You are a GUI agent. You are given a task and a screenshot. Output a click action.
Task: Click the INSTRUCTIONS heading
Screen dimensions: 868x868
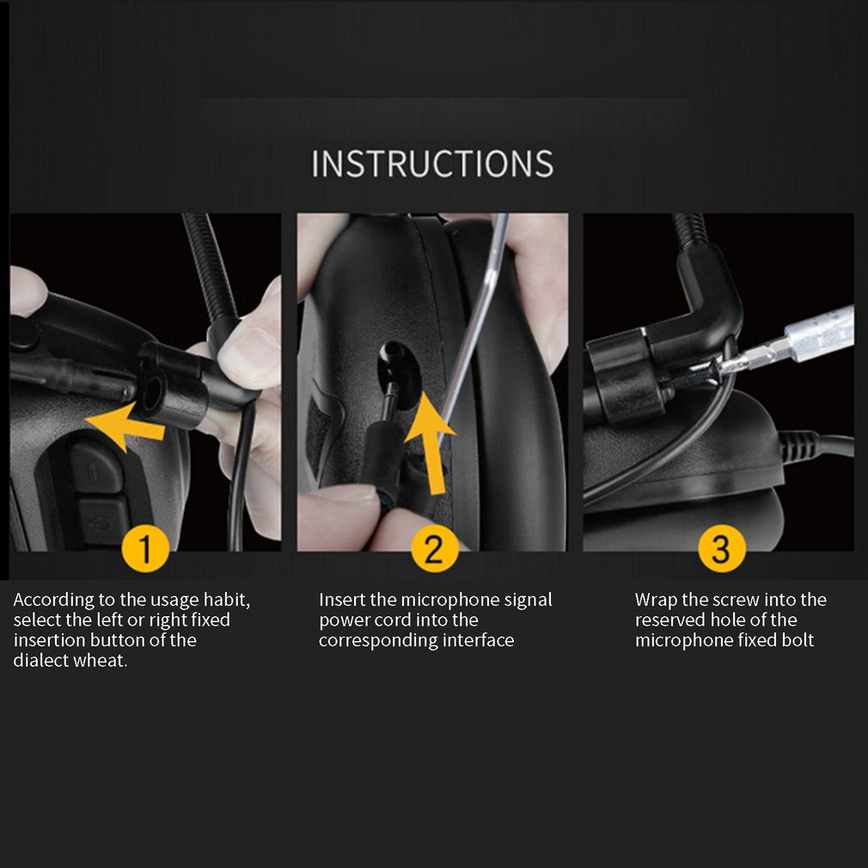[432, 163]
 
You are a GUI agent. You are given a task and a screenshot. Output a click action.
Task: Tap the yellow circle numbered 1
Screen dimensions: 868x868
[144, 548]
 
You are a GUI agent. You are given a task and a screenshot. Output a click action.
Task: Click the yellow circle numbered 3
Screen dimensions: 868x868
[720, 548]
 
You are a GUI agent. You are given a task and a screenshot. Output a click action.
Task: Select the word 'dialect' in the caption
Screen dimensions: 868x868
[40, 661]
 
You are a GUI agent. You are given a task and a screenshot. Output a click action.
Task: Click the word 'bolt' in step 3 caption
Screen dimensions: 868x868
[797, 640]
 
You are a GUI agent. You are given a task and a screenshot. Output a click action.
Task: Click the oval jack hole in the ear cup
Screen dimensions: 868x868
[400, 365]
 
